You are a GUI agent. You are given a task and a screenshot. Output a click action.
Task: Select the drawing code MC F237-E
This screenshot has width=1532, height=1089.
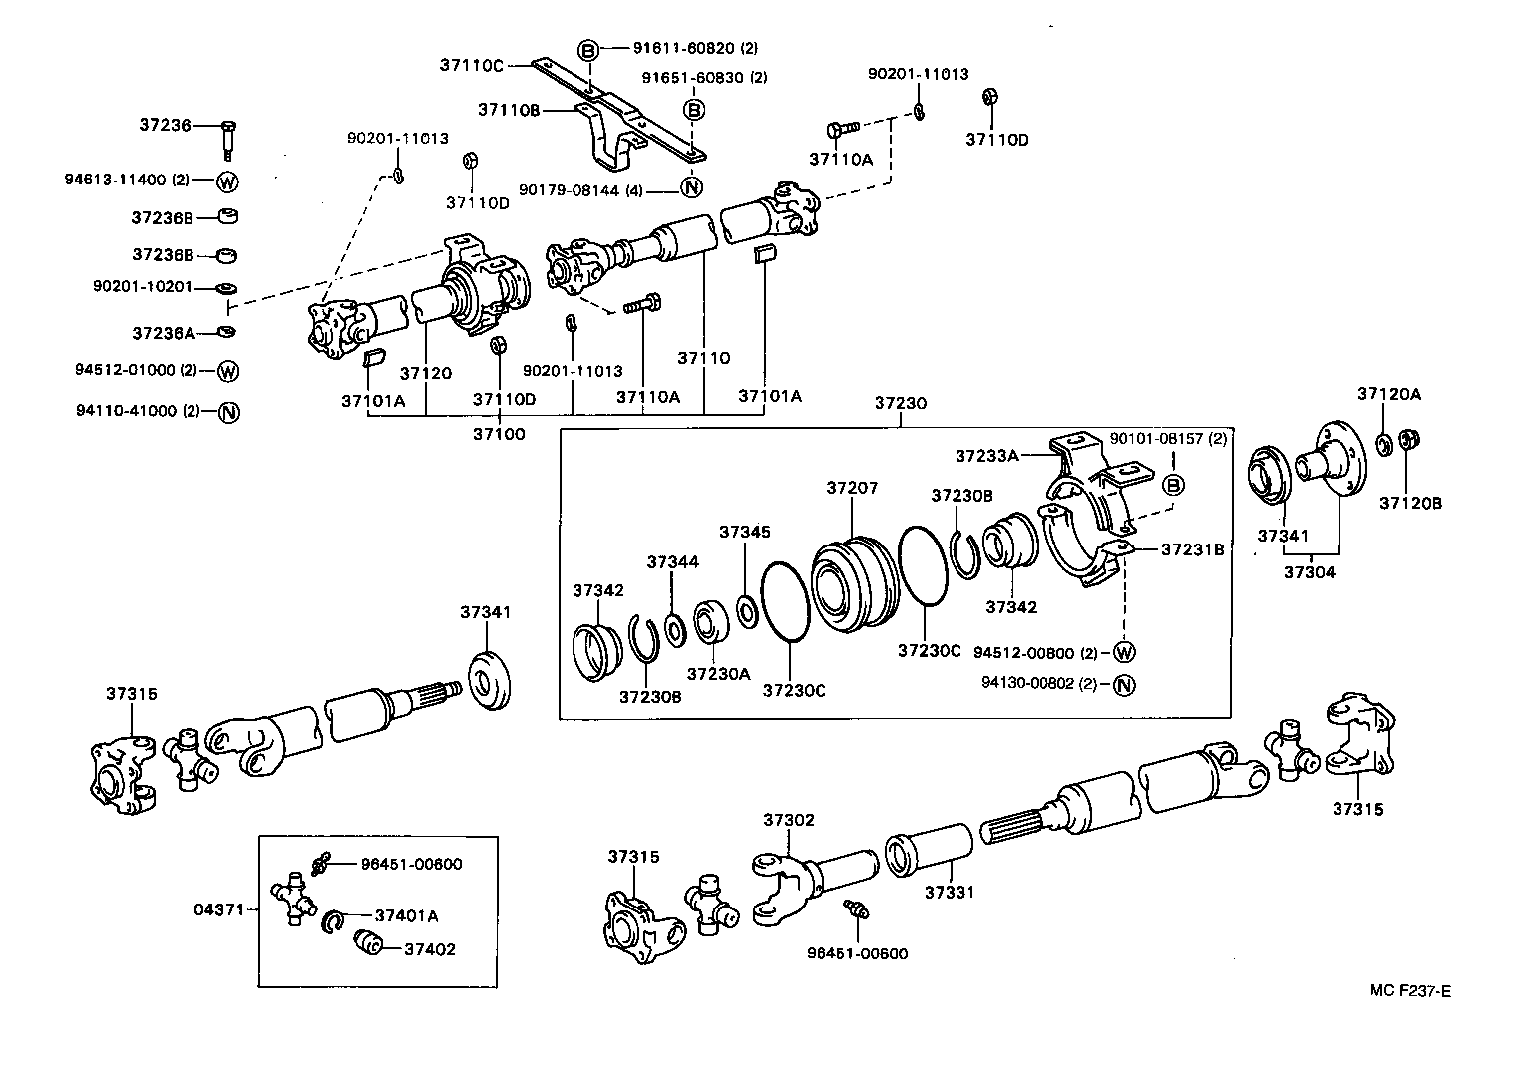[1410, 990]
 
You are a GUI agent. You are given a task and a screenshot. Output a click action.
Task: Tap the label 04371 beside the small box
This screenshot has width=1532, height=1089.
[217, 909]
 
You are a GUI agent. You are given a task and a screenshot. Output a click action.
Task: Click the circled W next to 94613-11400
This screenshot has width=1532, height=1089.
[228, 181]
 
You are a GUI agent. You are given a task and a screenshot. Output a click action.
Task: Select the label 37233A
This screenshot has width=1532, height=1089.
[986, 456]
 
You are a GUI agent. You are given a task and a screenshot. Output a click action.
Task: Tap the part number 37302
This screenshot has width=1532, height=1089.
[789, 820]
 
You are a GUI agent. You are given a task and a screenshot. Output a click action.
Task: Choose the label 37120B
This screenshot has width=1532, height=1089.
[1410, 503]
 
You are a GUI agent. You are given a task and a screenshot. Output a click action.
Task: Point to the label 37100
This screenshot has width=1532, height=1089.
[498, 433]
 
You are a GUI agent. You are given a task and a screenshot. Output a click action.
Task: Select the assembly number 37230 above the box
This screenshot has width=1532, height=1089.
[901, 403]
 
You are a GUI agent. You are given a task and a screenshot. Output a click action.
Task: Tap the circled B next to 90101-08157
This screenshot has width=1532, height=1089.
[1174, 486]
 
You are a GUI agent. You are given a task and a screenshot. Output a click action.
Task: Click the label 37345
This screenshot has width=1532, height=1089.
[745, 533]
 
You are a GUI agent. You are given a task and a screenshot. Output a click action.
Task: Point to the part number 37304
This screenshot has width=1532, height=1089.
[1309, 572]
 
